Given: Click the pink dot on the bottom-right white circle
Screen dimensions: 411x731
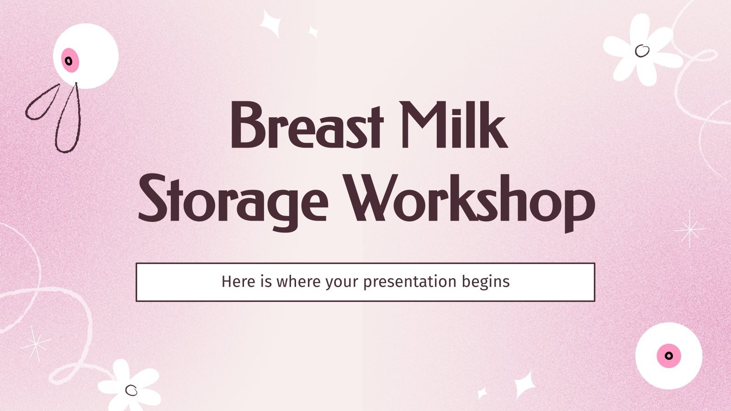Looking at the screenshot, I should click(668, 356).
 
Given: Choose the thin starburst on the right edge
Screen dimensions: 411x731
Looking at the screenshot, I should click(689, 229).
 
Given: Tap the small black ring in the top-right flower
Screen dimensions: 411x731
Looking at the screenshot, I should click(642, 50).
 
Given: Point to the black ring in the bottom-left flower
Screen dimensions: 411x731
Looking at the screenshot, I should click(131, 390).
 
